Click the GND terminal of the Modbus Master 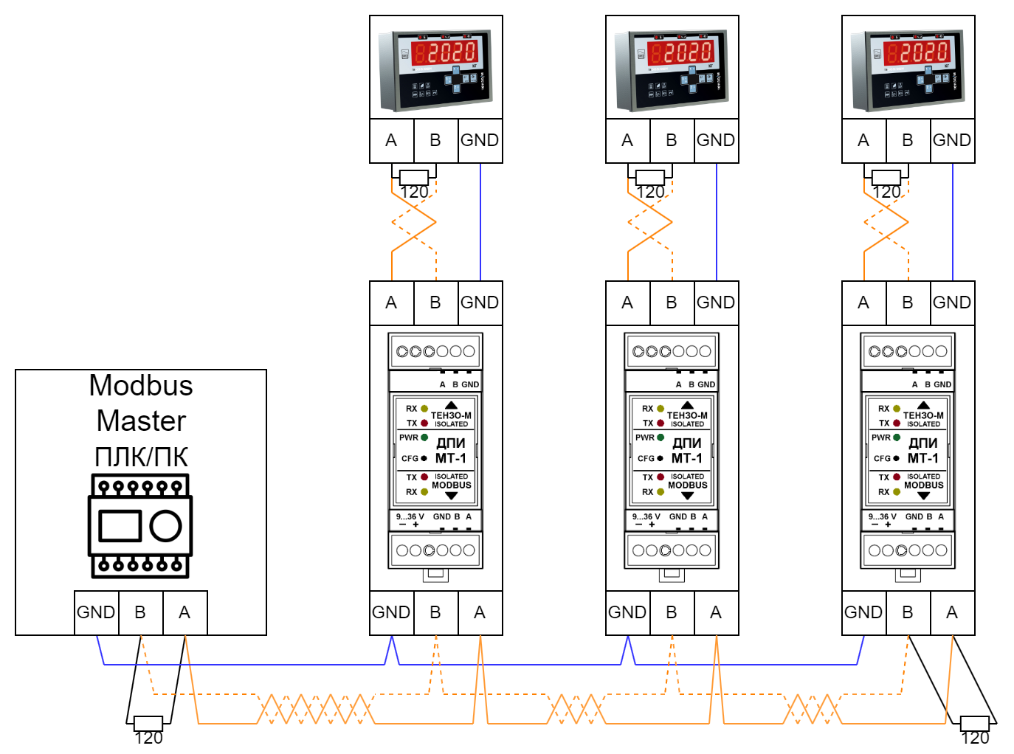click(96, 612)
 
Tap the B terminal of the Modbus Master click(140, 612)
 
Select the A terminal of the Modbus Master click(184, 612)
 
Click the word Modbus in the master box click(141, 386)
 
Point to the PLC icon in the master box click(140, 525)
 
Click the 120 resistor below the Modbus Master click(148, 722)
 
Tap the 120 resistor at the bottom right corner click(974, 722)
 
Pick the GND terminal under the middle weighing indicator click(716, 140)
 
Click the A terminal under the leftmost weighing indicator click(391, 140)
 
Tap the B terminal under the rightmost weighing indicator click(908, 140)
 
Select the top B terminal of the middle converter click(672, 302)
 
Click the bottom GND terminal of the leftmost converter click(391, 612)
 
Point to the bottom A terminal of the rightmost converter click(952, 612)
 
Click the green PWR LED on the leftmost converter click(424, 437)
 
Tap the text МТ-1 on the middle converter click(686, 458)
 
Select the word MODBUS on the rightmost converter click(923, 485)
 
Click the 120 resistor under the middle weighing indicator click(650, 177)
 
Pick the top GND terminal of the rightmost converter click(952, 302)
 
